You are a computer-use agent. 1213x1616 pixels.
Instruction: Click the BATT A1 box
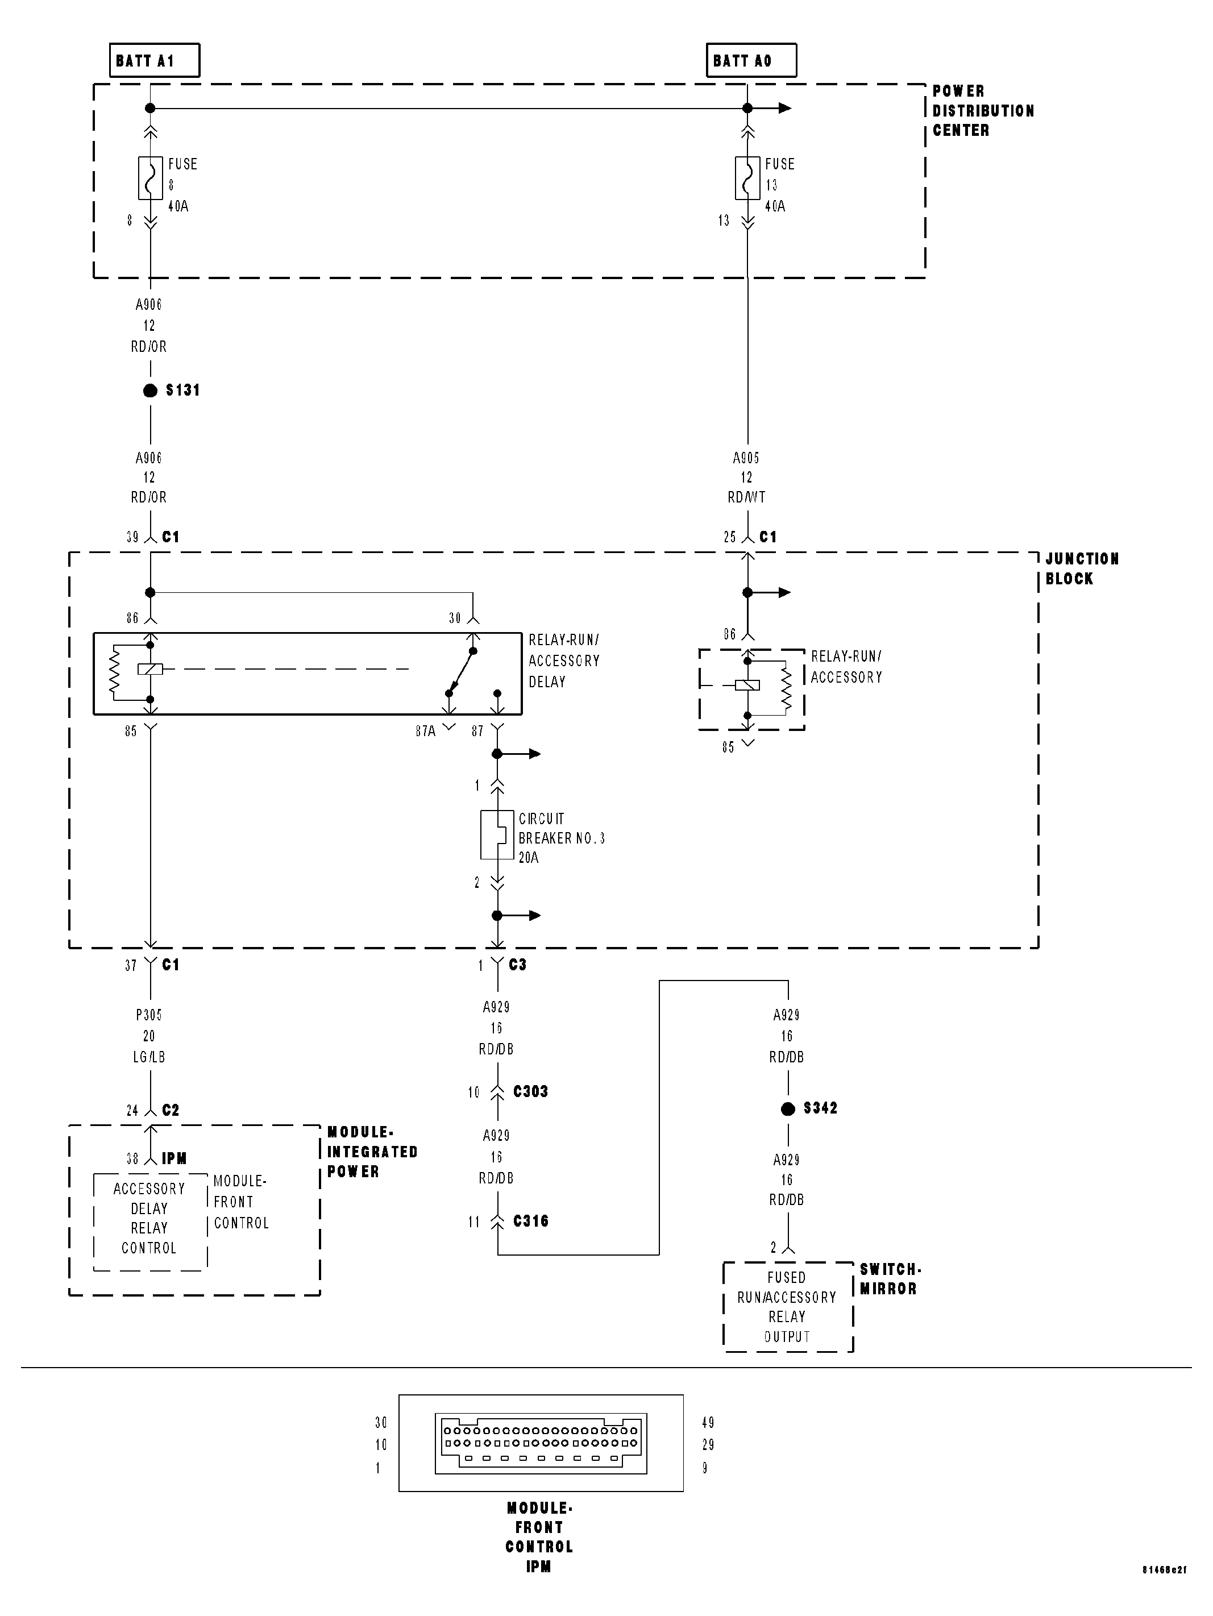coord(153,60)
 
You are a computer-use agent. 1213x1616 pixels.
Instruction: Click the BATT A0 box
coord(751,60)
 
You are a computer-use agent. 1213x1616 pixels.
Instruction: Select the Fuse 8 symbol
coord(151,177)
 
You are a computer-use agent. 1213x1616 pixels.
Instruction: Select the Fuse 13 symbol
coord(747,177)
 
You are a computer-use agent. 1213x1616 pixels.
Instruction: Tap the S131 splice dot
coord(151,391)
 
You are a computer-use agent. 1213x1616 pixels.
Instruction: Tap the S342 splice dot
coord(788,1109)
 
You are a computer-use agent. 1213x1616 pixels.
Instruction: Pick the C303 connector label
coord(530,1091)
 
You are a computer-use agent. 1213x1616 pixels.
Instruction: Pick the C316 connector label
coord(530,1221)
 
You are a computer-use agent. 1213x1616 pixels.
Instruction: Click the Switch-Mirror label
coord(888,1279)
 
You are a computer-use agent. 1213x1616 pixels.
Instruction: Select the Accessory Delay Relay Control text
coord(149,1218)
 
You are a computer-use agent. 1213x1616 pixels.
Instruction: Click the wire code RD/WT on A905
coord(747,497)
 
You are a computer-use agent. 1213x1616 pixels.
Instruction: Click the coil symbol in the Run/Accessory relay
coord(747,684)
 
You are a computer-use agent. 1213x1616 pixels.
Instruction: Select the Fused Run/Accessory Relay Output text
coord(787,1307)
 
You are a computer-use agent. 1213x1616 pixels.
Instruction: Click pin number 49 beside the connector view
coord(707,1422)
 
